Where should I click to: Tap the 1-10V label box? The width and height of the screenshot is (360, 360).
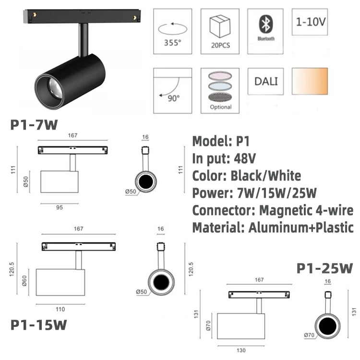310,22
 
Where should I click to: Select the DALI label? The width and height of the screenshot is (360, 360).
265,80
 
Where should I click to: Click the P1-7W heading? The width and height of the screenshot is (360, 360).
34,126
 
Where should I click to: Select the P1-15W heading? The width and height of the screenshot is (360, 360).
39,324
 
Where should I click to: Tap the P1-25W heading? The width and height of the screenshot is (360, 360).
324,267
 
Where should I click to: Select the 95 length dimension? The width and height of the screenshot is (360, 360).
60,207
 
